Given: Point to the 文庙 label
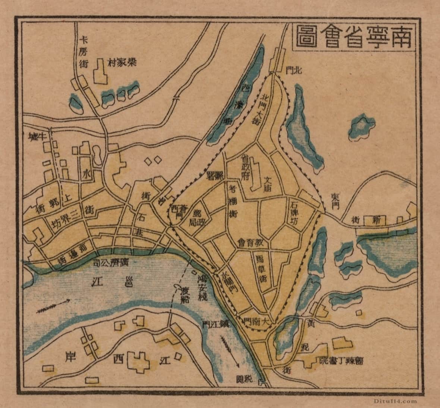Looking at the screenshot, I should click(x=268, y=184).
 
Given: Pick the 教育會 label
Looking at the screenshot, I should click(x=253, y=242).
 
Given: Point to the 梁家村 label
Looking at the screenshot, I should click(x=122, y=62).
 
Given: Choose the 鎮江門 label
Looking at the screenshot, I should click(x=214, y=324).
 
